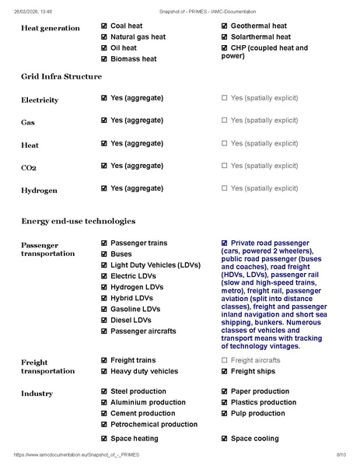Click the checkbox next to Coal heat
(x=104, y=26)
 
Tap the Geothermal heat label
(x=258, y=26)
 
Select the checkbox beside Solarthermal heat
(x=225, y=37)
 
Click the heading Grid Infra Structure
(x=61, y=76)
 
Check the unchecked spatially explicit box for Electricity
(x=225, y=99)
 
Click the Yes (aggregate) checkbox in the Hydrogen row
(x=104, y=188)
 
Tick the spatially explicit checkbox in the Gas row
(x=225, y=121)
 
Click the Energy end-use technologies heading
(x=78, y=222)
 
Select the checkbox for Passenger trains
(x=104, y=244)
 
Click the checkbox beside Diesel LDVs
(x=104, y=320)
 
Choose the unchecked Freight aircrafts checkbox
(x=225, y=360)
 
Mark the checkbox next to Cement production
(x=104, y=413)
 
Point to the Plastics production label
(x=263, y=402)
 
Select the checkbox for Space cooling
(x=225, y=439)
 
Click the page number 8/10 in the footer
(x=341, y=454)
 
